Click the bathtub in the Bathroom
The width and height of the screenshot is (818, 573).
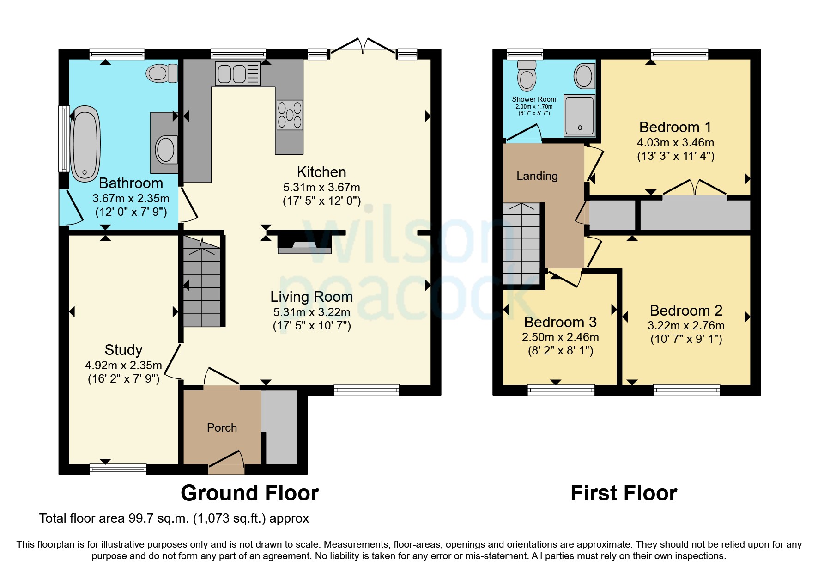click(85, 144)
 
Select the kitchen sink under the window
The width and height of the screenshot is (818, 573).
click(238, 74)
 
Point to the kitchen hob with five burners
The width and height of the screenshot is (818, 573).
click(290, 115)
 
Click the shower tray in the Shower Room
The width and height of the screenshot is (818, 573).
click(579, 116)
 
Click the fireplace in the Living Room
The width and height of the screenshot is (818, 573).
click(304, 244)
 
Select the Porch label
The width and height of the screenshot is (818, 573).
click(222, 427)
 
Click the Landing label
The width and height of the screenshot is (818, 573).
click(537, 176)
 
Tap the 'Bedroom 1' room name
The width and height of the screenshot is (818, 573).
click(675, 127)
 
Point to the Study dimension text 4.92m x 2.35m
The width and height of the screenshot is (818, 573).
click(123, 365)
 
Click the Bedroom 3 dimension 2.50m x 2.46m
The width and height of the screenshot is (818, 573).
click(560, 337)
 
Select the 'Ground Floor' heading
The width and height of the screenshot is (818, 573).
click(249, 493)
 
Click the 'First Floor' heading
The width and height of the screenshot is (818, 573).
click(624, 493)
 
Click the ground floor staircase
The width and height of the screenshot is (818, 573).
click(202, 281)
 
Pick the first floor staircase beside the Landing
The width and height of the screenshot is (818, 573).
click(521, 244)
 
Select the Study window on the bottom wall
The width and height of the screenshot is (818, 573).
click(118, 469)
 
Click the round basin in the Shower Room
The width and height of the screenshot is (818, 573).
click(584, 76)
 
